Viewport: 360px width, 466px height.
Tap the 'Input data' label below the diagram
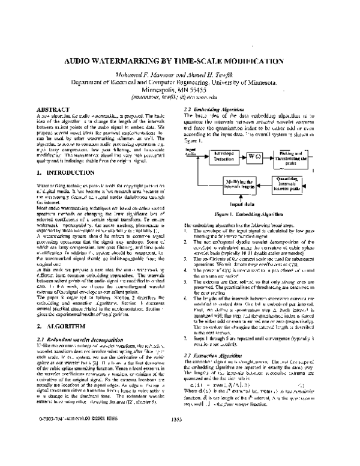coord(238,204)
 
